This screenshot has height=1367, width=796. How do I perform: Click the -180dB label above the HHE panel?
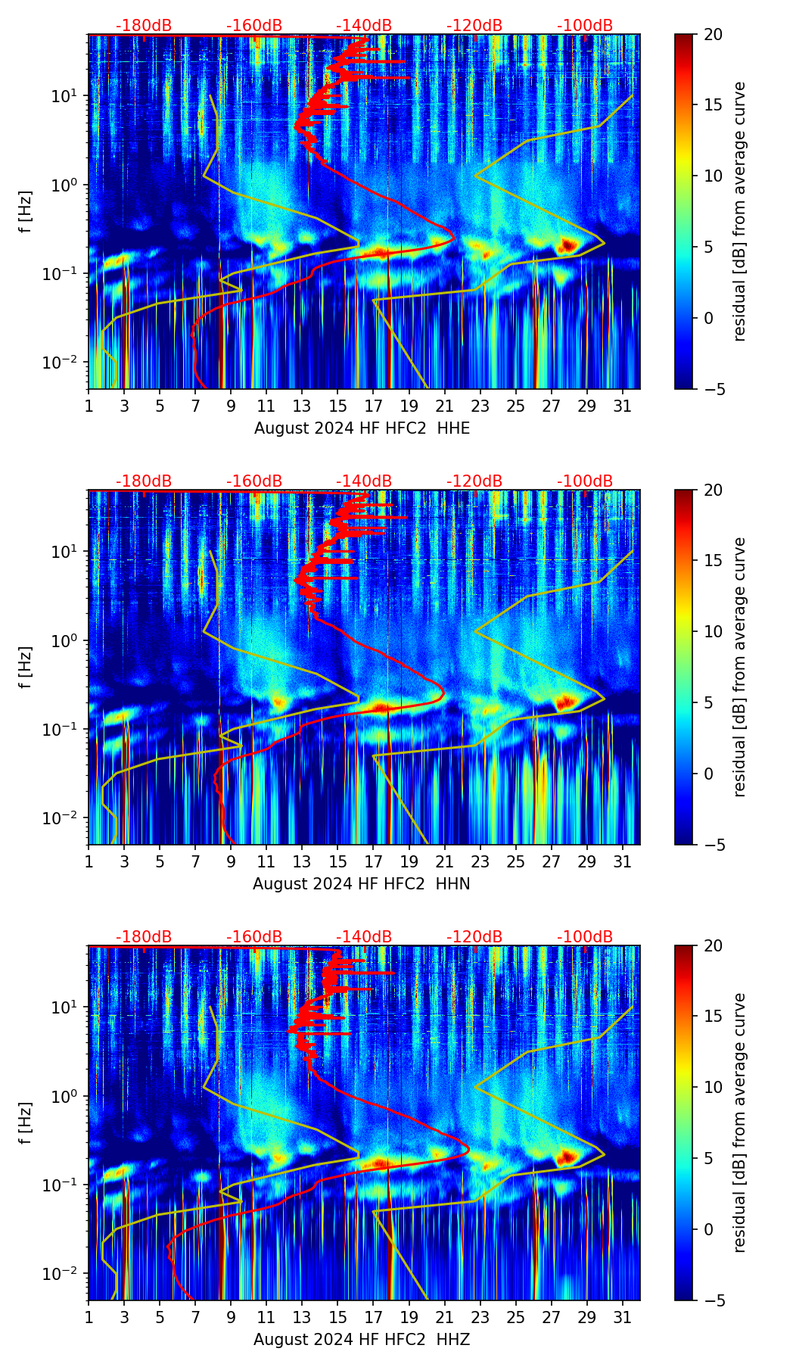pyautogui.click(x=144, y=26)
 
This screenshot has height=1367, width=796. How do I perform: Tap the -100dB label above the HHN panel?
pyautogui.click(x=585, y=481)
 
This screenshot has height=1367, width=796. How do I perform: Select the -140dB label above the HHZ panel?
pyautogui.click(x=364, y=937)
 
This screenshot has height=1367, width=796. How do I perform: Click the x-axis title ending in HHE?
pyautogui.click(x=362, y=428)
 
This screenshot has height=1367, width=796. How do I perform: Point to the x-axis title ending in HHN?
pyautogui.click(x=362, y=884)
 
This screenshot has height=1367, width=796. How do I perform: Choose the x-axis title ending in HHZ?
pyautogui.click(x=362, y=1340)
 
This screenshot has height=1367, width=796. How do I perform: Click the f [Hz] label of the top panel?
pyautogui.click(x=26, y=211)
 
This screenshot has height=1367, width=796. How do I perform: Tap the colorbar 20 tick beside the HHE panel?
pyautogui.click(x=713, y=35)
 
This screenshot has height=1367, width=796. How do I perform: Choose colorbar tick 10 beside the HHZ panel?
pyautogui.click(x=713, y=1087)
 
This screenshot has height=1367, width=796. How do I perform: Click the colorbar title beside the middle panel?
pyautogui.click(x=739, y=667)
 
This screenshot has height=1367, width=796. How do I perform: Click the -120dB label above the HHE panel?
pyautogui.click(x=474, y=26)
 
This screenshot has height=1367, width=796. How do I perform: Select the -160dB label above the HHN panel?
pyautogui.click(x=254, y=481)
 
